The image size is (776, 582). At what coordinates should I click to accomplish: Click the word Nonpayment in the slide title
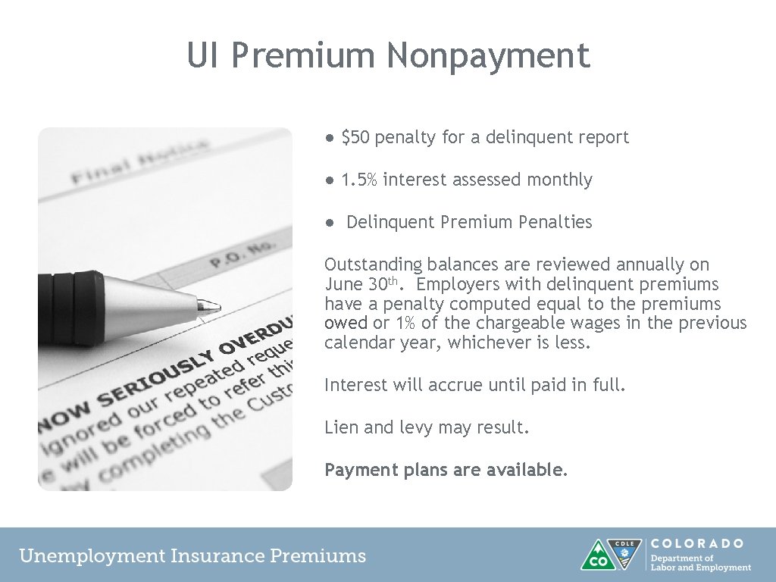click(x=488, y=56)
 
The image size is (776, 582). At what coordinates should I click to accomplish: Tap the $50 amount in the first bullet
click(x=355, y=137)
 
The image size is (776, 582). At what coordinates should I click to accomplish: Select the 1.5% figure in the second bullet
click(x=358, y=180)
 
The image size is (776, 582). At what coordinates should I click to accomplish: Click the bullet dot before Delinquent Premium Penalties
click(x=330, y=223)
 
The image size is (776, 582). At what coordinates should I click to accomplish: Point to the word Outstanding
click(x=373, y=264)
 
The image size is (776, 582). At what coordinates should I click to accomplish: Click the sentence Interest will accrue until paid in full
click(x=475, y=385)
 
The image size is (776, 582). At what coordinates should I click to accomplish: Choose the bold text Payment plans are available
click(x=446, y=470)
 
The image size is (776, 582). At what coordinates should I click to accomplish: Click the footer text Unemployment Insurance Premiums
click(x=192, y=555)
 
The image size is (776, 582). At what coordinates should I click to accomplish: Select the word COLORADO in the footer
click(x=697, y=543)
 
